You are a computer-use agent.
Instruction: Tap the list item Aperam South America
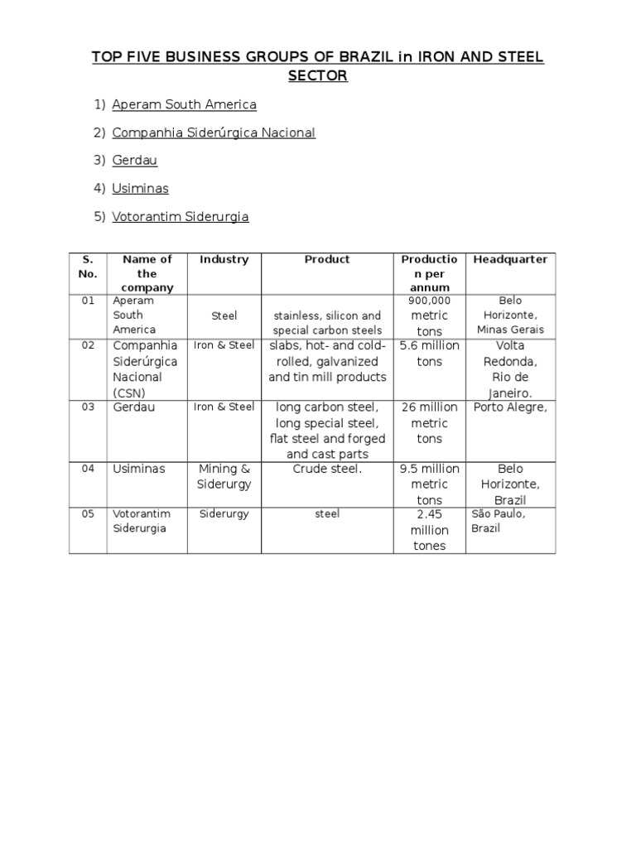point(184,104)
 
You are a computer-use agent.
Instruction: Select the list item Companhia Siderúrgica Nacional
point(214,132)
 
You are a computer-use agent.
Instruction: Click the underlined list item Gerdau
point(134,161)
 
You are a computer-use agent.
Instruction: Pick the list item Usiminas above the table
point(140,189)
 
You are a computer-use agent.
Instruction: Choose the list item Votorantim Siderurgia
point(181,217)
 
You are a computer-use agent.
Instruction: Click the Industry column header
point(224,260)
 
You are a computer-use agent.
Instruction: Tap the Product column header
point(327,260)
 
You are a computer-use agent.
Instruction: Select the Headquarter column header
point(510,260)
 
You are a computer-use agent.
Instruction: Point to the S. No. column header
point(88,267)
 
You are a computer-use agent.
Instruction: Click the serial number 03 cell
point(88,407)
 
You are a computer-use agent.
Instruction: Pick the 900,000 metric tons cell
point(430,316)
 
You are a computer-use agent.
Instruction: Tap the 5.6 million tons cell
point(430,354)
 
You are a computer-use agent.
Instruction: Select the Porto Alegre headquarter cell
point(510,407)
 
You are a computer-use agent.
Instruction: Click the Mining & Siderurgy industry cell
point(224,476)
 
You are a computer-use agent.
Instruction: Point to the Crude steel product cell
point(327,470)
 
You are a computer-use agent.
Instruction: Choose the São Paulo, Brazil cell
point(499,521)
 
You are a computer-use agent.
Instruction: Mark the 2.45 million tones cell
point(430,530)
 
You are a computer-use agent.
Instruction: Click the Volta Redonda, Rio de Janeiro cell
point(510,369)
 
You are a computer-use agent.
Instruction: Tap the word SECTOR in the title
point(318,76)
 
